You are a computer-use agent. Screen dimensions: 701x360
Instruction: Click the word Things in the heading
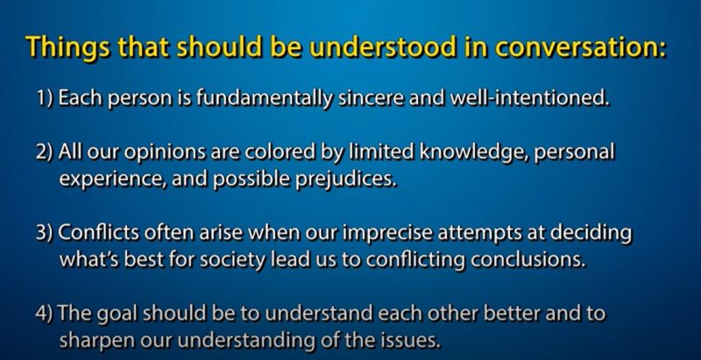67,47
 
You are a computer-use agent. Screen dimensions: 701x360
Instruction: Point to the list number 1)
46,98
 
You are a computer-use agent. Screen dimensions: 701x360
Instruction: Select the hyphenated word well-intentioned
529,98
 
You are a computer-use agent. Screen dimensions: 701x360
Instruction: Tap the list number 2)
46,152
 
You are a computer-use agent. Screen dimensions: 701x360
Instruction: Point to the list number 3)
46,233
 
